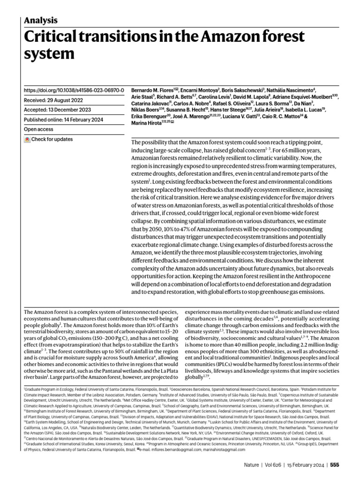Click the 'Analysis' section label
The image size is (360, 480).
click(40, 20)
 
